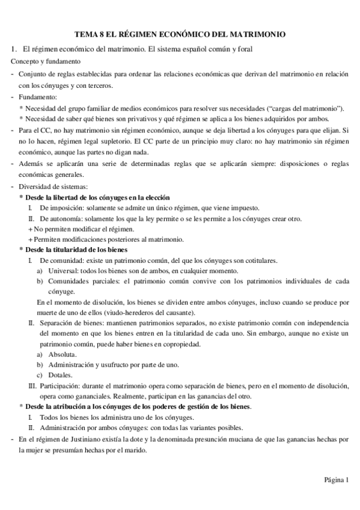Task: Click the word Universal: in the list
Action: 58,271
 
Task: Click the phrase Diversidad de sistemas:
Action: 53,186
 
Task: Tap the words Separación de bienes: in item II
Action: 70,323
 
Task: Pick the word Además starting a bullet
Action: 31,164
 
